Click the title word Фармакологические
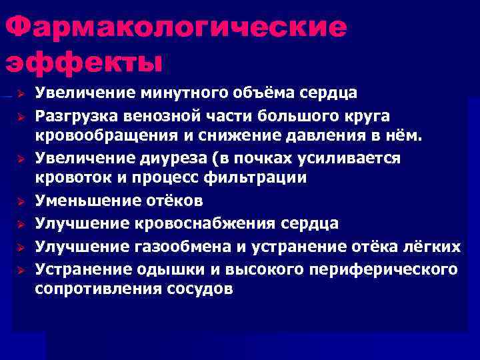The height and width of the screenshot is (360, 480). [x=176, y=28]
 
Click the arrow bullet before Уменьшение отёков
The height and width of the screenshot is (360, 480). [x=21, y=201]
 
